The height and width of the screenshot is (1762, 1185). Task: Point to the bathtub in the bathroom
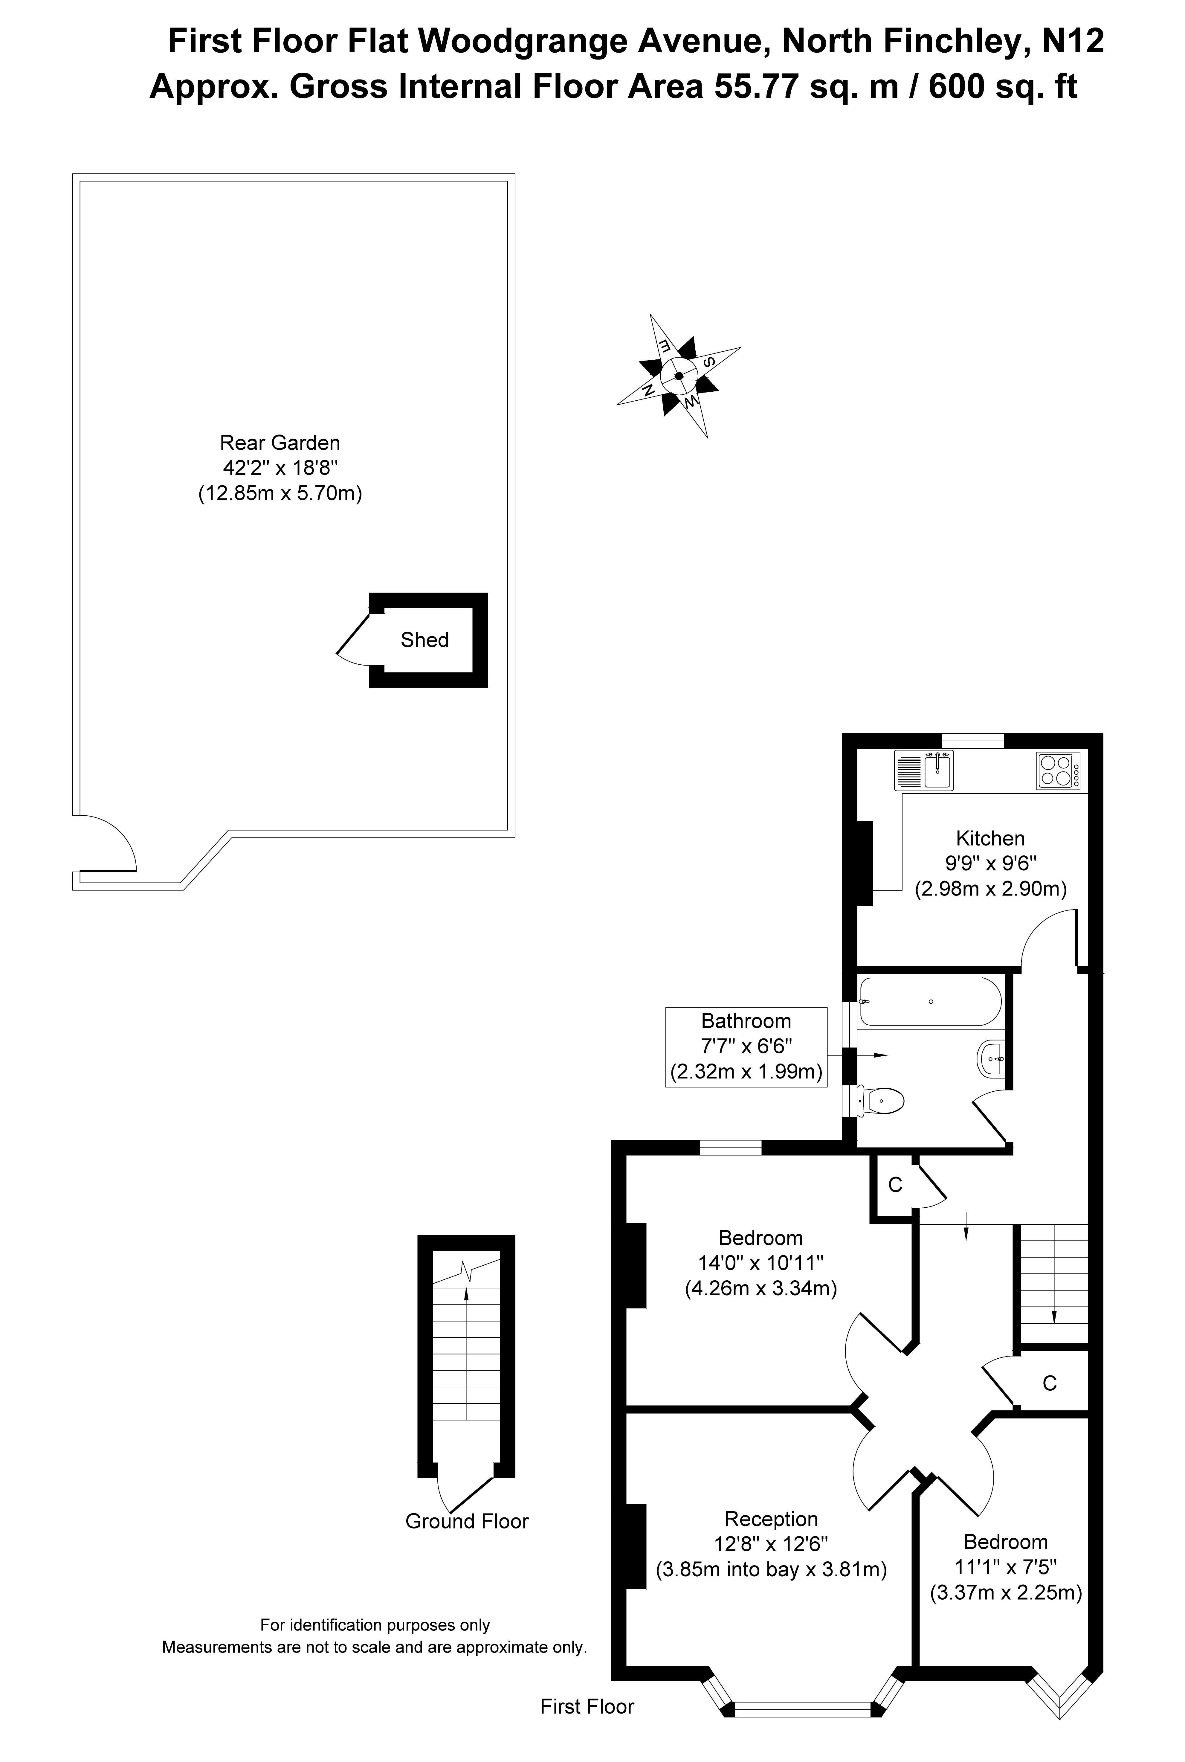[x=930, y=1002]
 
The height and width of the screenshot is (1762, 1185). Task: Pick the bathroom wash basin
[x=992, y=1060]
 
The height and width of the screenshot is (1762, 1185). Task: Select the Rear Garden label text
[x=280, y=443]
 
